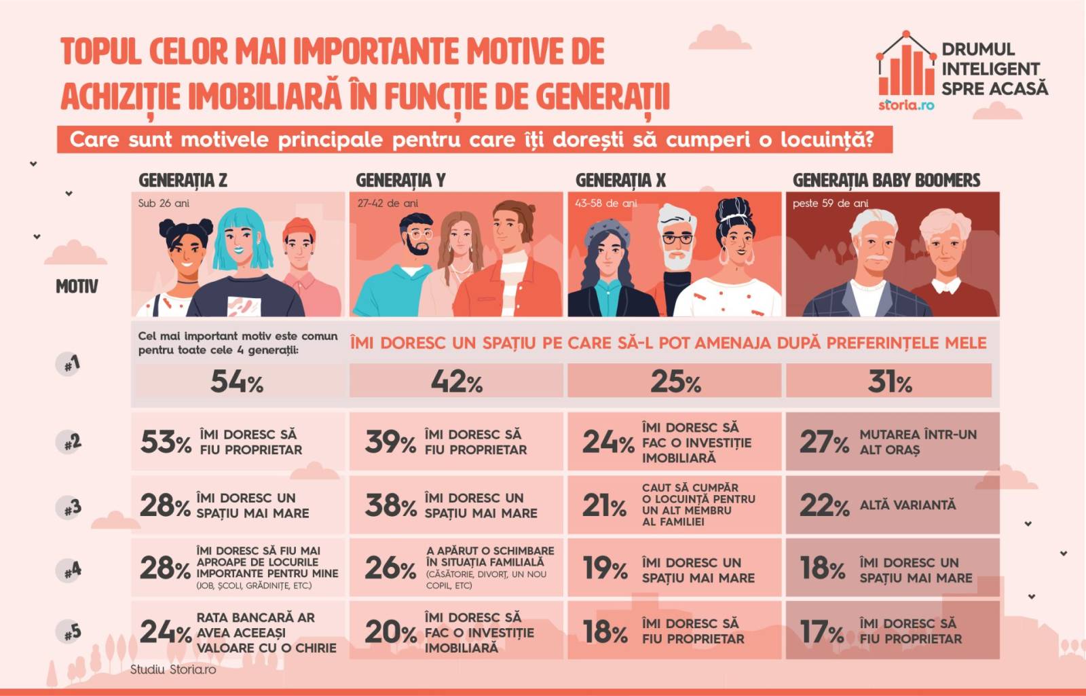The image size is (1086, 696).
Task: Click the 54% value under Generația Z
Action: [x=236, y=382]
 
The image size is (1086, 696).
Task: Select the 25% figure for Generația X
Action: [x=675, y=382]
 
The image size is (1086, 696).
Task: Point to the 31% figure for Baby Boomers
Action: [x=889, y=382]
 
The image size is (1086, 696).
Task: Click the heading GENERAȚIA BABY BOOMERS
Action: [x=886, y=180]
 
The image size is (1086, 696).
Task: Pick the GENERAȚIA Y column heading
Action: [x=400, y=180]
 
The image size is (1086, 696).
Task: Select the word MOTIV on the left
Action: [x=77, y=287]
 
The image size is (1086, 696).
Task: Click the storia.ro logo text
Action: [x=906, y=105]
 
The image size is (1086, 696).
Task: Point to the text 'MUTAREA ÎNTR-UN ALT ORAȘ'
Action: [x=917, y=442]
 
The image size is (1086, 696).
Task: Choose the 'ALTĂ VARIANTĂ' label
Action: [x=907, y=505]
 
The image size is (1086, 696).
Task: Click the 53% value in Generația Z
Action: [x=165, y=442]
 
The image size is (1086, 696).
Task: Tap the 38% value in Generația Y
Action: [x=390, y=505]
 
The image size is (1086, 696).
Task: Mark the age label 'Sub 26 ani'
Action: [x=163, y=203]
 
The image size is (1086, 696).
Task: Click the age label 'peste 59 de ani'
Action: [x=830, y=203]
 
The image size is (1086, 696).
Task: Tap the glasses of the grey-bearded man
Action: [x=677, y=238]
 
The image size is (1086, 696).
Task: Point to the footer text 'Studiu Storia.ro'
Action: [x=173, y=670]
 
